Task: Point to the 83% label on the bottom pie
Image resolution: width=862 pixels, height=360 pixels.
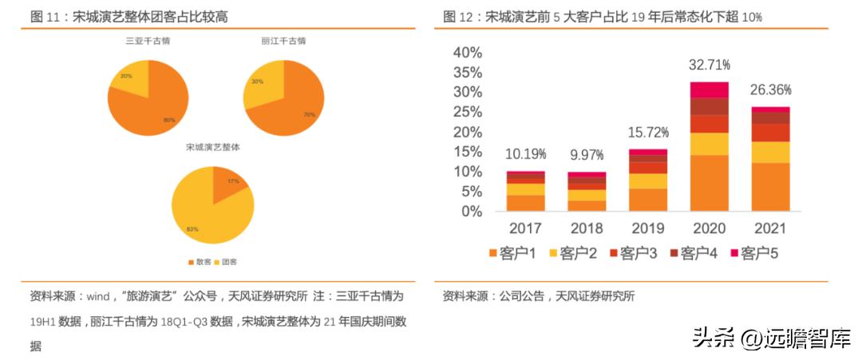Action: (x=192, y=229)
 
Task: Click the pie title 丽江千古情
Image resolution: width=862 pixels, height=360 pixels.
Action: (x=283, y=41)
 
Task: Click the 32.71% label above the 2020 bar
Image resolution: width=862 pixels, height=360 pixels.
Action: (x=710, y=64)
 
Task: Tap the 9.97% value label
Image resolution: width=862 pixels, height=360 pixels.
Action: (x=587, y=154)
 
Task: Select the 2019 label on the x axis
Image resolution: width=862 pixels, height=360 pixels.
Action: (x=648, y=229)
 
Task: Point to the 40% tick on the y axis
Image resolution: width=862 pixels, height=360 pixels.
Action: (x=468, y=53)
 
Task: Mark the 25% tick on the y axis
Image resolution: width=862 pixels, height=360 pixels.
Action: (x=468, y=112)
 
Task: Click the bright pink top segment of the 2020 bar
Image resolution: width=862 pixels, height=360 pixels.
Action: (x=710, y=89)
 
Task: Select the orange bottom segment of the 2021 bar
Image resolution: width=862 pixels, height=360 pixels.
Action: (x=770, y=187)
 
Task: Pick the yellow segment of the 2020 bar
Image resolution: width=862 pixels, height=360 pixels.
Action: (x=710, y=144)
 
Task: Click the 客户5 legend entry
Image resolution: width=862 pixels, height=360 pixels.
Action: (x=753, y=254)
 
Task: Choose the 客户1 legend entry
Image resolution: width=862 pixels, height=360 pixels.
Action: (x=512, y=254)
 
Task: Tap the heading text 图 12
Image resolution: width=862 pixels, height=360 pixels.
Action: (x=459, y=16)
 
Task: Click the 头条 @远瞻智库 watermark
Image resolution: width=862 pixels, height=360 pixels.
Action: (x=771, y=338)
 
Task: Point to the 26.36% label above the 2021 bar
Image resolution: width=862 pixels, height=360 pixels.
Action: (x=770, y=89)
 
